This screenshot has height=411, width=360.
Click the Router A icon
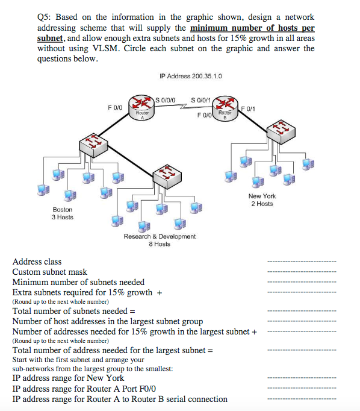point(141,108)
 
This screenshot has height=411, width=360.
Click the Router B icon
point(225,108)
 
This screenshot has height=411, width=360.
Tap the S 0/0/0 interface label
point(166,100)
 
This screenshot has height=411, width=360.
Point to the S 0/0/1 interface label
point(200,100)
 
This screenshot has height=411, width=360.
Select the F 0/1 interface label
point(248,108)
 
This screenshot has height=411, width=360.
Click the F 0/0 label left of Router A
point(115,107)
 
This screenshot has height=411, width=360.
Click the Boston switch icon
point(93,145)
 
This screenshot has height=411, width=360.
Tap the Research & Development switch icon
point(167,177)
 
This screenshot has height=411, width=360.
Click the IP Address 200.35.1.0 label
point(191,76)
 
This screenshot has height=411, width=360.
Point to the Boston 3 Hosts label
point(63,213)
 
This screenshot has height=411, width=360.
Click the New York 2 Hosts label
point(262,199)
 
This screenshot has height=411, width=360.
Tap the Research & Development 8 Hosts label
point(160,240)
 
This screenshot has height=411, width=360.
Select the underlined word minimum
point(205,28)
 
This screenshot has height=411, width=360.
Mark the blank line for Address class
point(302,262)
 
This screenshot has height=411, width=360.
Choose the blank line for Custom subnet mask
point(302,272)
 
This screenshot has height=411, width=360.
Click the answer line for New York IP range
point(302,378)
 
